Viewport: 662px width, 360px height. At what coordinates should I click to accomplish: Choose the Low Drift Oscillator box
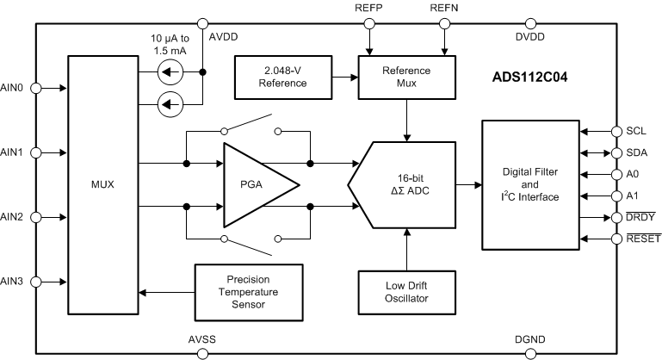pyautogui.click(x=406, y=292)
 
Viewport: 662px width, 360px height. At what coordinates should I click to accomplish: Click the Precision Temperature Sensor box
pyautogui.click(x=249, y=291)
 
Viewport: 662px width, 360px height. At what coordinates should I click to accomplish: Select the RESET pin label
pyautogui.click(x=640, y=239)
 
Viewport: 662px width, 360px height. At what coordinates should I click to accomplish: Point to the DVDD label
pyautogui.click(x=529, y=37)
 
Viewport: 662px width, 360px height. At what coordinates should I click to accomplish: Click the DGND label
pyautogui.click(x=529, y=339)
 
